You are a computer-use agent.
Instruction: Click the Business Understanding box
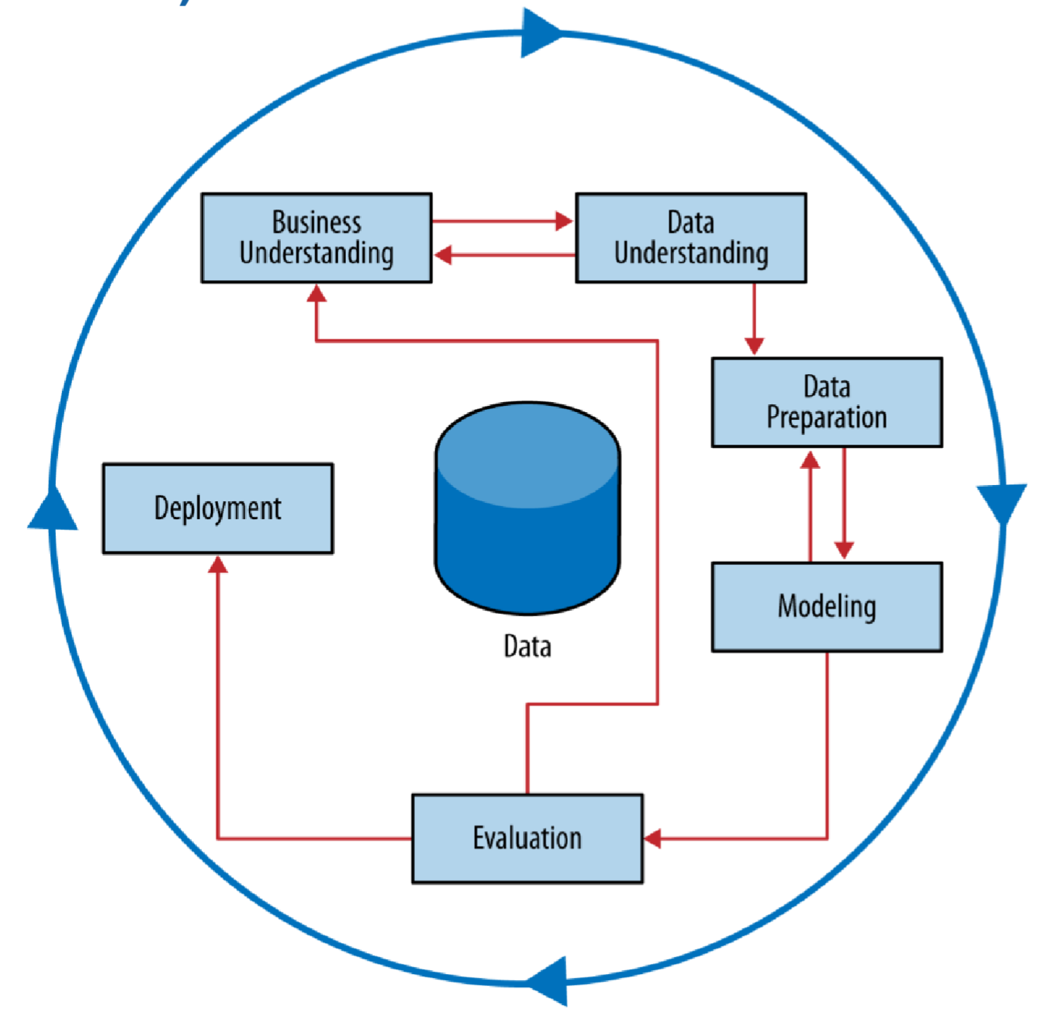click(316, 237)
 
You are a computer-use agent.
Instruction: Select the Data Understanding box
click(690, 237)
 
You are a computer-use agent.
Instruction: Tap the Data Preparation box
click(827, 402)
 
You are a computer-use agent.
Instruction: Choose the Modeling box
click(827, 606)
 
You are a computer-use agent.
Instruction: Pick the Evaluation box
click(527, 838)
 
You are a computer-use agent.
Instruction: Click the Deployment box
click(218, 508)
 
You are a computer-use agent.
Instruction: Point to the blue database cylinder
click(527, 508)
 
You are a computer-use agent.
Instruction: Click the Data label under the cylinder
click(527, 646)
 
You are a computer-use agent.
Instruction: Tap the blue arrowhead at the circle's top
click(540, 33)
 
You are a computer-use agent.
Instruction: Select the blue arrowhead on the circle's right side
click(1002, 503)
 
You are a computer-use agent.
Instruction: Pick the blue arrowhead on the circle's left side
click(53, 511)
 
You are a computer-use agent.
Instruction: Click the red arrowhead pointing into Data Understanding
click(565, 221)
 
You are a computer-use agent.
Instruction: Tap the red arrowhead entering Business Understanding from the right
click(443, 255)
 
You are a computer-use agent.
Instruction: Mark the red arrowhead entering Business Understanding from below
click(316, 293)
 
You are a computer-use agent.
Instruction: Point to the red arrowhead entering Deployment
click(218, 564)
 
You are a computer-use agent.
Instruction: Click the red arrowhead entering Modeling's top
click(844, 550)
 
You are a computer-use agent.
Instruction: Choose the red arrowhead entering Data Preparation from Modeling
click(810, 459)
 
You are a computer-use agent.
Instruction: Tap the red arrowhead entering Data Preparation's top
click(754, 346)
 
